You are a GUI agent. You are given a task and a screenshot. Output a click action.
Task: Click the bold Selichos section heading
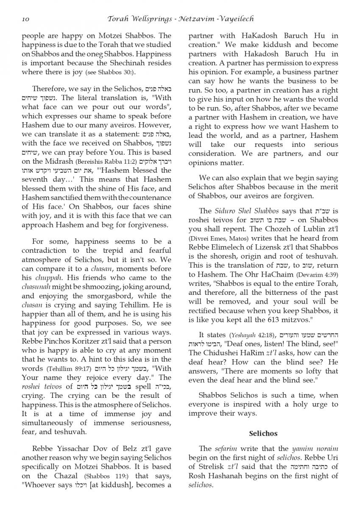coord(263,433)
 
